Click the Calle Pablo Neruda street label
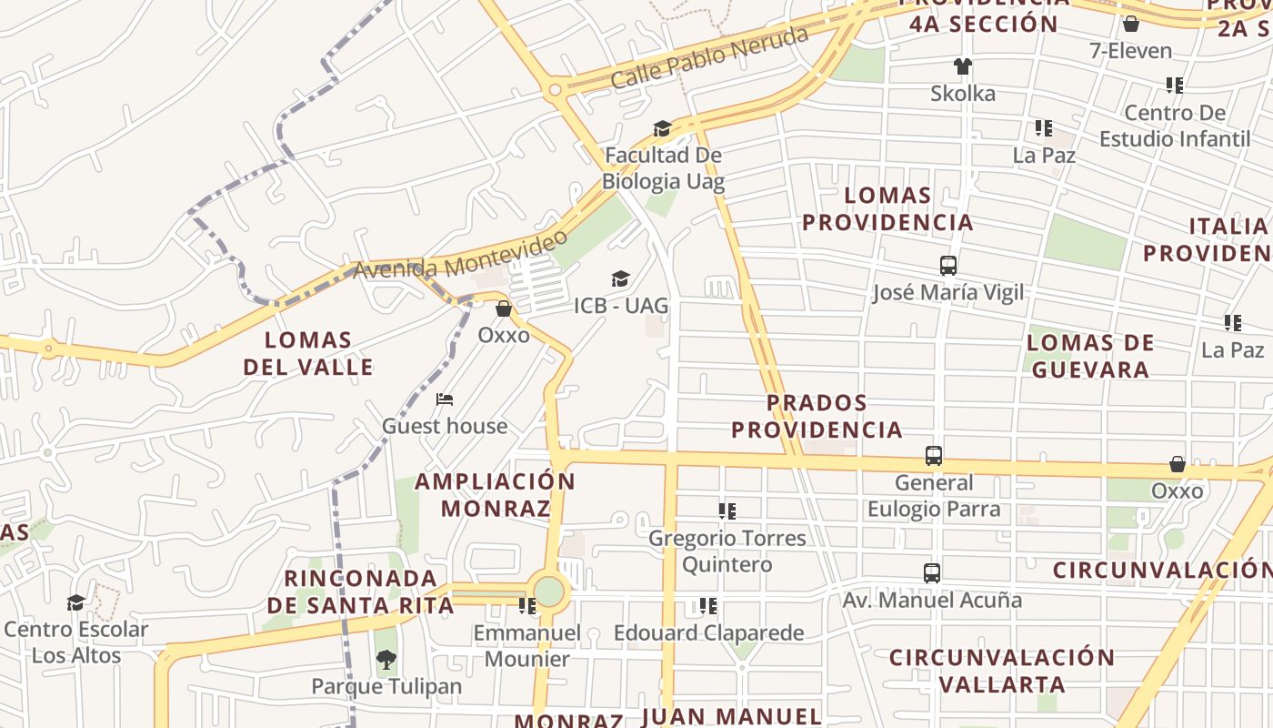click(709, 56)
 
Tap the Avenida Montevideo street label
click(460, 256)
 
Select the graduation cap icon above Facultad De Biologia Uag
click(662, 129)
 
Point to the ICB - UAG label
click(621, 306)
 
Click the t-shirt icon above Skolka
click(963, 66)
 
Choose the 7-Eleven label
click(1131, 51)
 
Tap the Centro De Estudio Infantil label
click(1175, 126)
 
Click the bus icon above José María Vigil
click(948, 266)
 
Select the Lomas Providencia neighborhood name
click(887, 208)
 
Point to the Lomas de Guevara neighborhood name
click(1090, 356)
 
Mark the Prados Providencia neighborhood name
click(817, 416)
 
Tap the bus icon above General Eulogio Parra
click(933, 456)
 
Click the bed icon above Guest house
click(445, 399)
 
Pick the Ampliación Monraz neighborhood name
click(496, 494)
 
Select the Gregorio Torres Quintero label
click(727, 551)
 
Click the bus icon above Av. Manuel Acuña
click(932, 573)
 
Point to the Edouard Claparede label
click(709, 632)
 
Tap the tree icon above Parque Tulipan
click(386, 660)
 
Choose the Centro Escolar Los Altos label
click(76, 642)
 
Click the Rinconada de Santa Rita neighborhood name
click(360, 591)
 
